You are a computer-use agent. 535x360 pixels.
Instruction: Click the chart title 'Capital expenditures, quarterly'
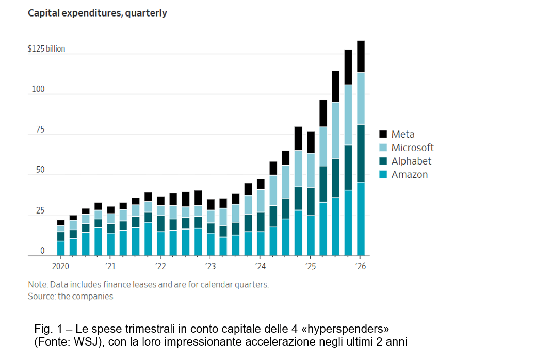pyautogui.click(x=98, y=13)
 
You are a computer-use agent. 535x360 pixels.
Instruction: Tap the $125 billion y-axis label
pyautogui.click(x=46, y=50)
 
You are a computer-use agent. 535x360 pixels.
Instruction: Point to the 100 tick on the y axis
pyautogui.click(x=38, y=90)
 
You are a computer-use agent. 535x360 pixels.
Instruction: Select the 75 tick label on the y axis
pyautogui.click(x=40, y=130)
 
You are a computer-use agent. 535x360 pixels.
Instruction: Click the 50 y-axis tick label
pyautogui.click(x=40, y=170)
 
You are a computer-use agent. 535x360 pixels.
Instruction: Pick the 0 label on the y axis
pyautogui.click(x=42, y=251)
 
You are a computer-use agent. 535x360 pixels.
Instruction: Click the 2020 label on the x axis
pyautogui.click(x=61, y=266)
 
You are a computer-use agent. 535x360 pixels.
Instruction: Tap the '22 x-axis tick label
pyautogui.click(x=161, y=266)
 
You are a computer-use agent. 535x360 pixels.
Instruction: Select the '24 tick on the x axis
pyautogui.click(x=261, y=266)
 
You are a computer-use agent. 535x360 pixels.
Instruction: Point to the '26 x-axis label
pyautogui.click(x=361, y=266)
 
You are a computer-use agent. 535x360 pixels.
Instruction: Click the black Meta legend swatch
pyautogui.click(x=383, y=134)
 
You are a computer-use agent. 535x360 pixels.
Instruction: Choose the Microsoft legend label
pyautogui.click(x=412, y=148)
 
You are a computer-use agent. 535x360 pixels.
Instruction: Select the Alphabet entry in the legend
pyautogui.click(x=411, y=161)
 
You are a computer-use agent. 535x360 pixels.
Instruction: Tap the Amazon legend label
pyautogui.click(x=410, y=174)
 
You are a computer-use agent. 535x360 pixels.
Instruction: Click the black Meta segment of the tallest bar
pyautogui.click(x=361, y=57)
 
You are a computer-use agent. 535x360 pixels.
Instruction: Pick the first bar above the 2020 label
pyautogui.click(x=61, y=238)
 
